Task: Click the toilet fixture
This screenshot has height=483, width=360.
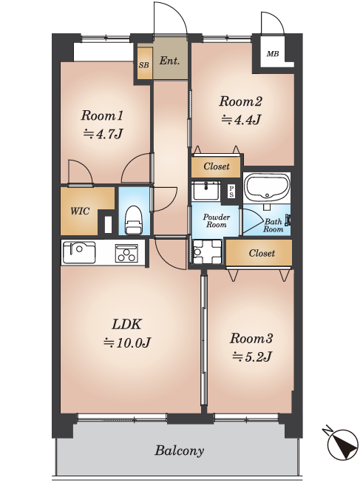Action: coord(134,220)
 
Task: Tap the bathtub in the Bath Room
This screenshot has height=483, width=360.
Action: coord(266,187)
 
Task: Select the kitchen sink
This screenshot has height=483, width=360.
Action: coord(79,252)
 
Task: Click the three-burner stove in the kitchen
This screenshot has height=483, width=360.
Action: coord(126,253)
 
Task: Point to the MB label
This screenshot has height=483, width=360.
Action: coord(273,54)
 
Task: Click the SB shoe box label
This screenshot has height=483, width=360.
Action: coord(144,65)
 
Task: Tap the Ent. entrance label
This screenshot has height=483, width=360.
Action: coord(169,61)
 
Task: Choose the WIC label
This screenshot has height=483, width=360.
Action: coord(80,212)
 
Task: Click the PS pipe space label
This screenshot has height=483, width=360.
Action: coord(231,192)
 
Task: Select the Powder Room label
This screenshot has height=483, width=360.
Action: coord(216,221)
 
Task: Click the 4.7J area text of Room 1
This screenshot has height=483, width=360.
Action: coord(103,134)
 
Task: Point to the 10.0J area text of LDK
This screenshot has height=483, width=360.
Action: coord(126,342)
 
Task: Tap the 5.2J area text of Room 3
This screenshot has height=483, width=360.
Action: coord(251,357)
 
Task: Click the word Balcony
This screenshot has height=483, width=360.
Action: coord(179,450)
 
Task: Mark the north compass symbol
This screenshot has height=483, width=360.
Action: coord(342,442)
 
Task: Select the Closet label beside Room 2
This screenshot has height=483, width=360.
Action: coord(216,166)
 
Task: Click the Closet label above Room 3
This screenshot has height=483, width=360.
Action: coord(262,253)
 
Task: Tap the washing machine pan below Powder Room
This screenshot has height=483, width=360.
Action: coord(207,251)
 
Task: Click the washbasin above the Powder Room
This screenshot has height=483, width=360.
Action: coord(206,191)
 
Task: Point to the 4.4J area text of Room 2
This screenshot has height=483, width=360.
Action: coord(241,120)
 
